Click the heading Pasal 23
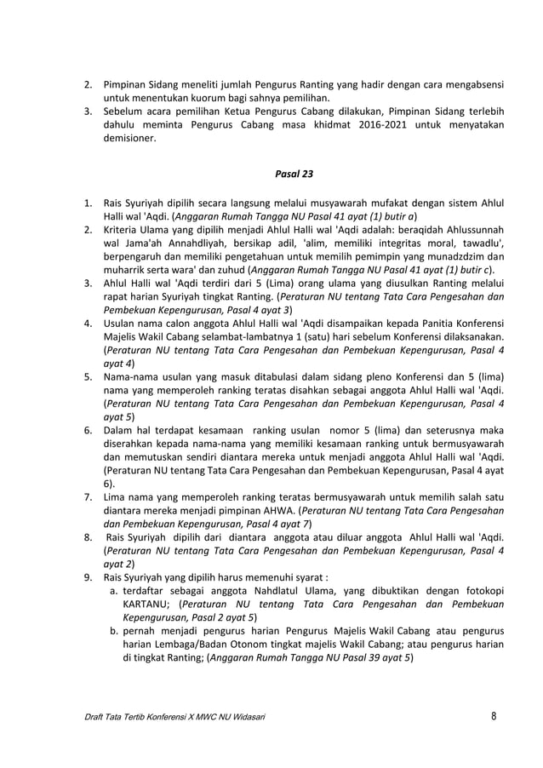pyautogui.click(x=294, y=175)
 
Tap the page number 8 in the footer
pyautogui.click(x=494, y=716)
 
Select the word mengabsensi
pyautogui.click(x=472, y=85)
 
